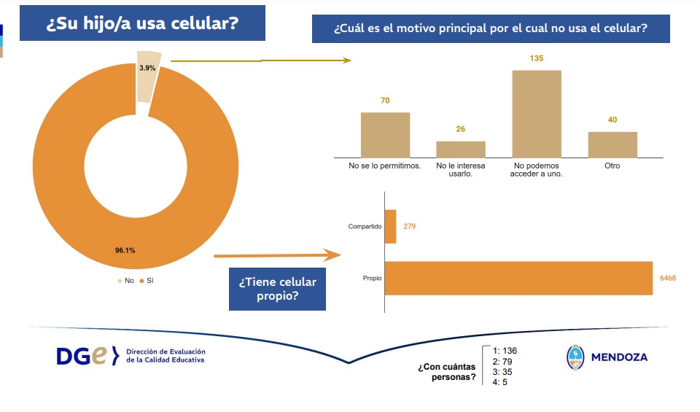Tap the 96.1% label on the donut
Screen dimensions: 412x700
(125, 250)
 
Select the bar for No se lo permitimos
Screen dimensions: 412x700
(386, 135)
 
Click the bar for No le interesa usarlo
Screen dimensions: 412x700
(461, 149)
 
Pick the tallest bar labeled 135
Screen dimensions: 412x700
(537, 114)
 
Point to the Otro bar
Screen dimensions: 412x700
(612, 144)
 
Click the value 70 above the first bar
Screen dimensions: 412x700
(385, 100)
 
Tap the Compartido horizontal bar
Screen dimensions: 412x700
(390, 227)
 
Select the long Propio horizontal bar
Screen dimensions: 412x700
(518, 278)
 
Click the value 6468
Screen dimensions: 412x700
(667, 279)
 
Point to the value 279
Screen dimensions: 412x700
(410, 227)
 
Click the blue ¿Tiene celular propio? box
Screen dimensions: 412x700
(277, 289)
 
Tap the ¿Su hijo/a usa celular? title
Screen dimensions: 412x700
(142, 23)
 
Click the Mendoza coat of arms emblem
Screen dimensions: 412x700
(576, 357)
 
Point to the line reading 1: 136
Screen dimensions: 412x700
(505, 351)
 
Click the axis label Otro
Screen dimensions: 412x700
(612, 166)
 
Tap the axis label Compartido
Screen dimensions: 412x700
(365, 227)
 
